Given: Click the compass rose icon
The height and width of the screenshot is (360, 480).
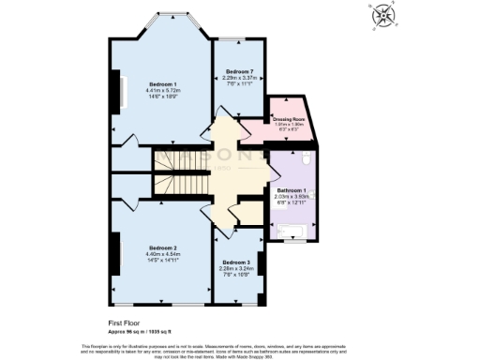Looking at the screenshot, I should coord(384,16).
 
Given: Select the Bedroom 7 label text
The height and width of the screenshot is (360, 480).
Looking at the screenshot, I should coord(241,71).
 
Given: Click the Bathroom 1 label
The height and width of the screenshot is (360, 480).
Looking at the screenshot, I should coord(293,190).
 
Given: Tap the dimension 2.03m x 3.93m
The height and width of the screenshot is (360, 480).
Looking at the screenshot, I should coord(293,197).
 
